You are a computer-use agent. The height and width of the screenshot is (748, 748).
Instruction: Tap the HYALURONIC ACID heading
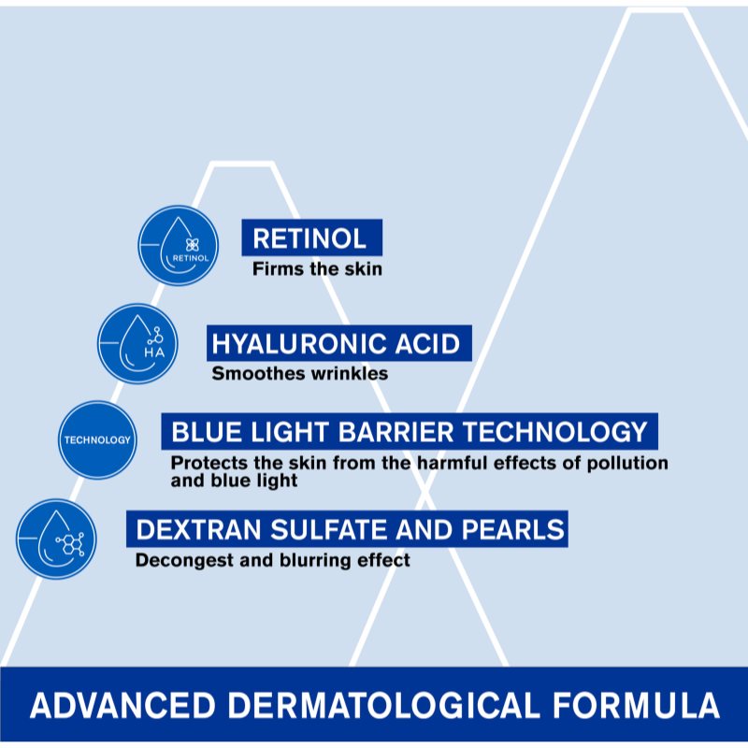(337, 344)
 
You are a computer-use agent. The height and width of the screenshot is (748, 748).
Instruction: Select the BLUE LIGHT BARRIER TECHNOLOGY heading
(409, 432)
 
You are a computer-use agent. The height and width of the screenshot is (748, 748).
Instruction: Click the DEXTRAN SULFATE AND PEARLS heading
(350, 530)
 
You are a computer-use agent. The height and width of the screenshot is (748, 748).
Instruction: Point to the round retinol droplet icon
(179, 245)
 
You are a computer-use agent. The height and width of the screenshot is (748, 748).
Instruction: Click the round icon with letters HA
(137, 343)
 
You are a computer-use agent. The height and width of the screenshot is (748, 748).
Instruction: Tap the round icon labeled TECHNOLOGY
(97, 439)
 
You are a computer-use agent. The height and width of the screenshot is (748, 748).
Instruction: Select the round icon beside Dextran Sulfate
(56, 539)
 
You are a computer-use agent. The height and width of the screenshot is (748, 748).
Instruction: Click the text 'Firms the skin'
(317, 269)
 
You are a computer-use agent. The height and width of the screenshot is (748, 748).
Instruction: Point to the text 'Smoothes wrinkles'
(299, 374)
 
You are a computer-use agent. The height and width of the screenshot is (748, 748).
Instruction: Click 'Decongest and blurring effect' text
(272, 561)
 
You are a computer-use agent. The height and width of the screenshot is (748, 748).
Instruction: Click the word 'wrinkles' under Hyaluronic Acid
(351, 374)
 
